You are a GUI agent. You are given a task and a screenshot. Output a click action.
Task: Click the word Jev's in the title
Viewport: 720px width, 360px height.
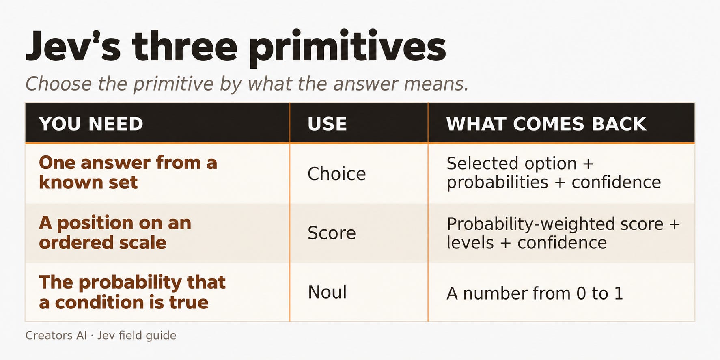pos(73,46)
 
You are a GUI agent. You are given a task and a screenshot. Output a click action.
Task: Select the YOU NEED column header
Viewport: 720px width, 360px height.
pos(91,124)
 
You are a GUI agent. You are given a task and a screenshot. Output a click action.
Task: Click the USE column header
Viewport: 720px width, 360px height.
pos(327,124)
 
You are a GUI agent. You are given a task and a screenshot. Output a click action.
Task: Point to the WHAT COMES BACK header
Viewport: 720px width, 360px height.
pos(546,124)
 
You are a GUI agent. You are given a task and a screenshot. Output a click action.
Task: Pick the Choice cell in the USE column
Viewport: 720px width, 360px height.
pos(336,174)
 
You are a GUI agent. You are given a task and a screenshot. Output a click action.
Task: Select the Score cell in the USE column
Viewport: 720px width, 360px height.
pos(332,233)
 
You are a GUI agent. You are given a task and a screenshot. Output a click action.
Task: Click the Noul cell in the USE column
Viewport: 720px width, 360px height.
pos(327,292)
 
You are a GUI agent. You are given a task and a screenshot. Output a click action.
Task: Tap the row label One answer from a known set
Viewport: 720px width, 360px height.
pos(128,172)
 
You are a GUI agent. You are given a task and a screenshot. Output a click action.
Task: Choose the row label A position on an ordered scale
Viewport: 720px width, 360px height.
pos(115,233)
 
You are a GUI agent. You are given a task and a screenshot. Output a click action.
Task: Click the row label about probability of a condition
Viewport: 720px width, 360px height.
pos(132,292)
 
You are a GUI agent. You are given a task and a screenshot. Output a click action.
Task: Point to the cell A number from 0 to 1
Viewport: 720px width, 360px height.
pos(535,293)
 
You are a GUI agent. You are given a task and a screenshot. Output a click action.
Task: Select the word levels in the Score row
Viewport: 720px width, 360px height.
pos(470,243)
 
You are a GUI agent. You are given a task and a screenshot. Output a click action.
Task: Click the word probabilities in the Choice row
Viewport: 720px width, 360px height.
pos(497,183)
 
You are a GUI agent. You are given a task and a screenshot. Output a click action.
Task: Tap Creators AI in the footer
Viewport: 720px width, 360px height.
pos(56,335)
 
